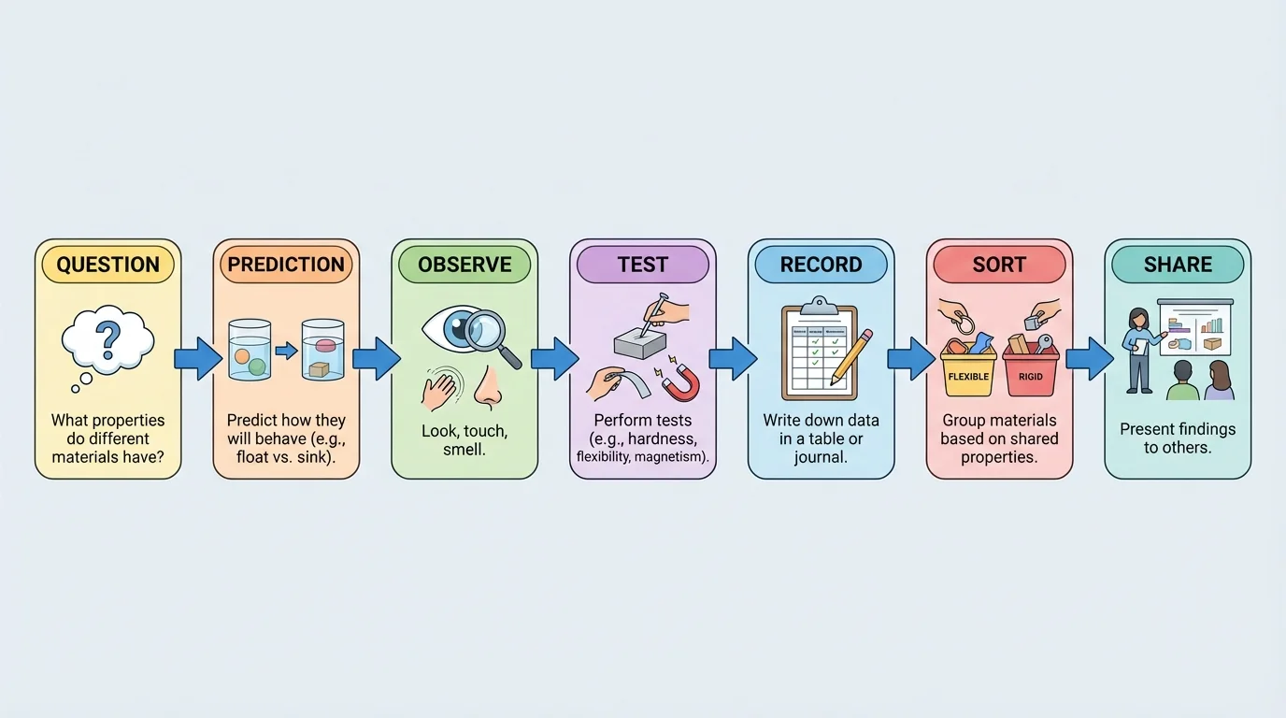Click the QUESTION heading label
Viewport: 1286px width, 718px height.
(107, 265)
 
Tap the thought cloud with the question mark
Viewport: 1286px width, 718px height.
(107, 342)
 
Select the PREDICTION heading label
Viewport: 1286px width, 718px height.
(286, 265)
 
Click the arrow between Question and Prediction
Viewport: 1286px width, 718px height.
(197, 359)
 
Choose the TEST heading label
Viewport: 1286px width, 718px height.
(643, 265)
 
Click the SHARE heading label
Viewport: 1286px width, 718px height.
(1178, 265)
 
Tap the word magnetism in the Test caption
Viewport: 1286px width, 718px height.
(675, 456)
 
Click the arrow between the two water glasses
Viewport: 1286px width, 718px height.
(286, 352)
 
